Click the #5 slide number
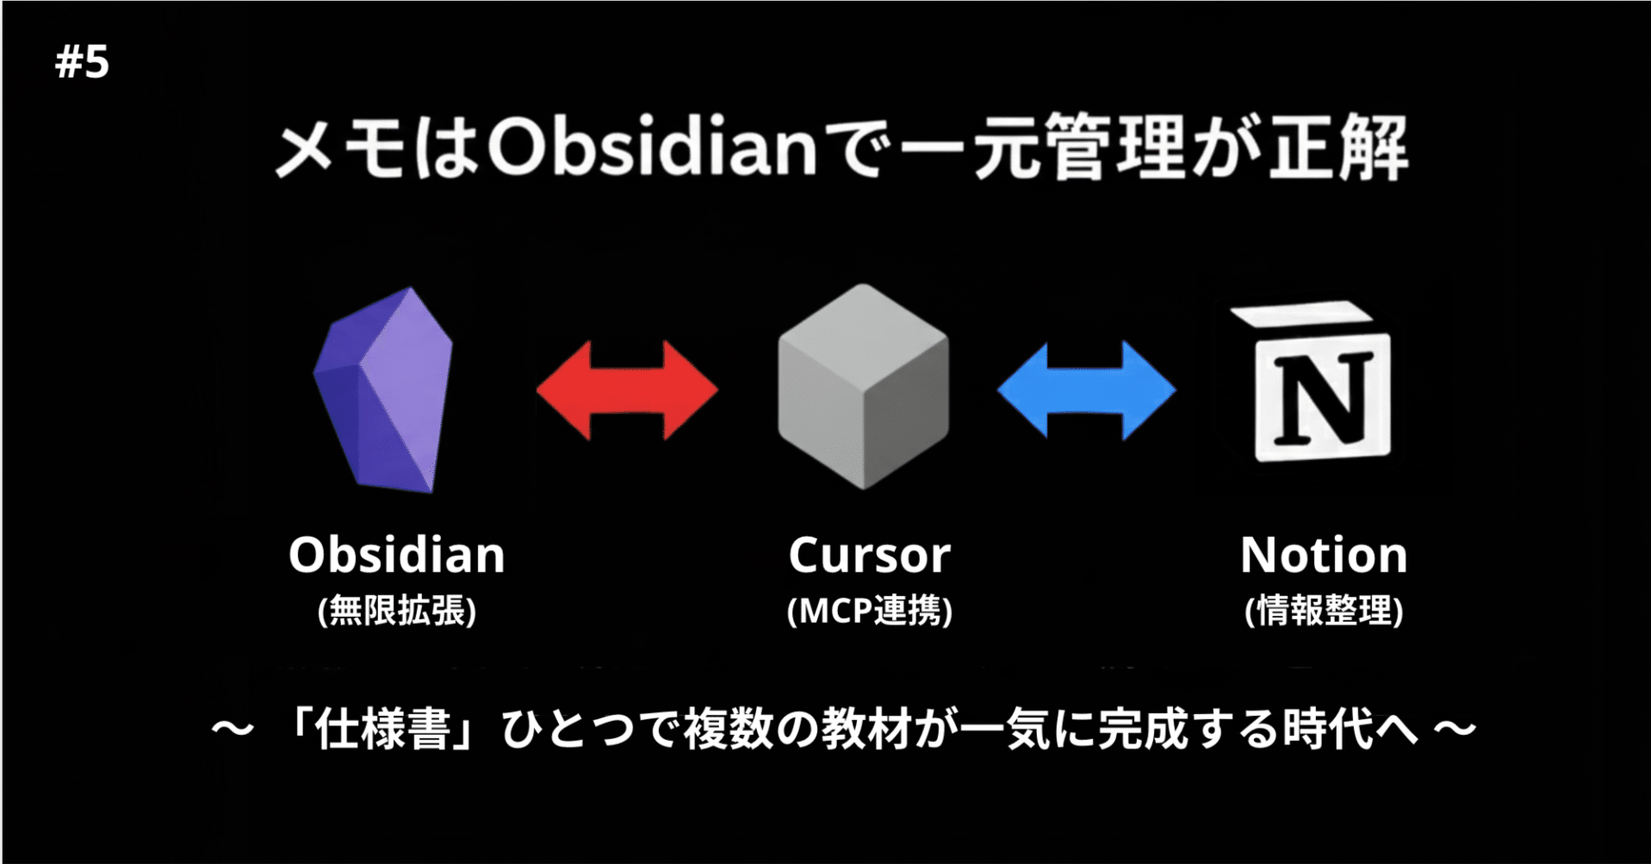tap(82, 62)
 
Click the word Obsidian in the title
tap(652, 148)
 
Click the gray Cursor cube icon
tap(863, 387)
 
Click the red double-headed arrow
tap(627, 390)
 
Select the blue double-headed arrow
tap(1086, 390)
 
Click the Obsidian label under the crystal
tap(396, 555)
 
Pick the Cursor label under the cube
tap(869, 556)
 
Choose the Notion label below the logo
tap(1324, 556)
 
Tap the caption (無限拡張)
tap(396, 611)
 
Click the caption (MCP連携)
tap(869, 611)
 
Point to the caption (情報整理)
tap(1324, 611)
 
